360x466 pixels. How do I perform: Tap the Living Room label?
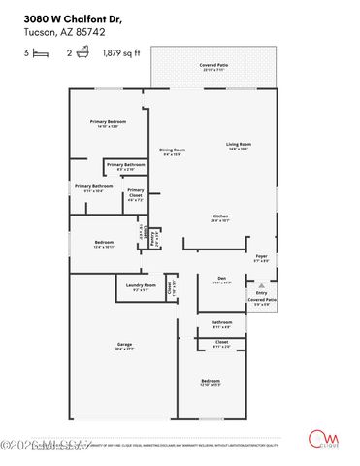coord(239,146)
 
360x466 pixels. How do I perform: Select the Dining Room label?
coord(173,150)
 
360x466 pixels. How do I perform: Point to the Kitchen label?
coord(221,217)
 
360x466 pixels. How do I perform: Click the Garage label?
coord(124,345)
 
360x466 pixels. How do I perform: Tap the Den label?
coord(221,280)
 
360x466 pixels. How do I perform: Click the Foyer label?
coord(261,258)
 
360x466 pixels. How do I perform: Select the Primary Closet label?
coord(136,191)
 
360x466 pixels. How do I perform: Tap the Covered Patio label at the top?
coord(213,66)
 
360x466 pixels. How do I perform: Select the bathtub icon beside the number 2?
coord(84,53)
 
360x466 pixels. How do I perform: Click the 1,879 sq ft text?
coord(121,53)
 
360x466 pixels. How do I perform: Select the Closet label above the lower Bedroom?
coord(221,343)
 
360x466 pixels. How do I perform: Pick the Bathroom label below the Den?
coord(221,323)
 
